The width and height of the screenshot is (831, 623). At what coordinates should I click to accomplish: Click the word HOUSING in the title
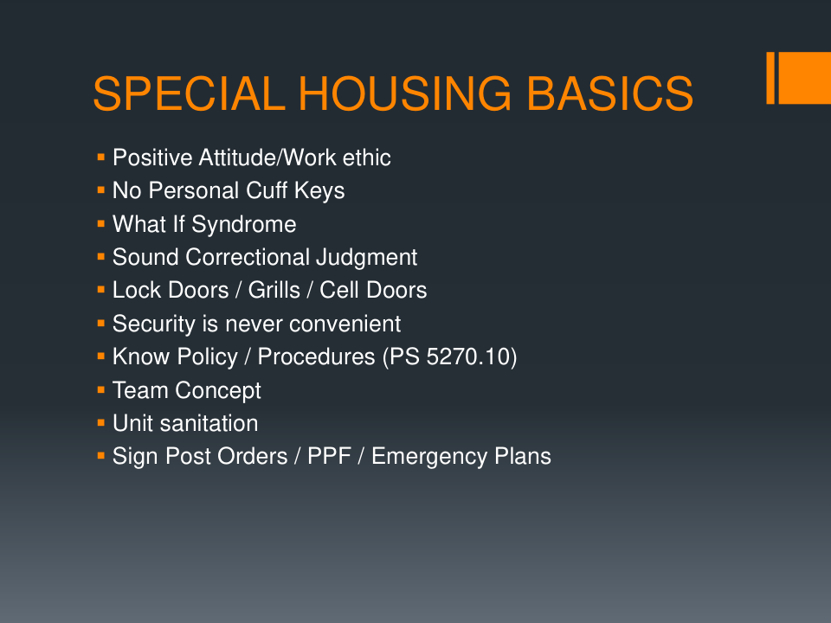pyautogui.click(x=405, y=93)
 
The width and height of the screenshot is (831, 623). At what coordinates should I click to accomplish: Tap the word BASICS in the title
pyautogui.click(x=609, y=93)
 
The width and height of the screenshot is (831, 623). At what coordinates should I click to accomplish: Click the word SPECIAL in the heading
pyautogui.click(x=190, y=93)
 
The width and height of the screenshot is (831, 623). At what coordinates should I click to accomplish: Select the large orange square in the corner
pyautogui.click(x=804, y=78)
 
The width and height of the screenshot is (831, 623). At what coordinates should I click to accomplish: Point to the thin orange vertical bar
pyautogui.click(x=770, y=78)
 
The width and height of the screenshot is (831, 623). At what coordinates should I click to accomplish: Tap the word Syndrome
pyautogui.click(x=244, y=225)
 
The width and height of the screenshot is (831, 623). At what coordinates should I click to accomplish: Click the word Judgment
pyautogui.click(x=367, y=258)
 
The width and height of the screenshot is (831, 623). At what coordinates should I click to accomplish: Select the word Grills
pyautogui.click(x=274, y=291)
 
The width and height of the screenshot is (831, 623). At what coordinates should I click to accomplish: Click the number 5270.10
pyautogui.click(x=461, y=356)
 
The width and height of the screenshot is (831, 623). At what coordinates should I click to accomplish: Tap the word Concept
pyautogui.click(x=218, y=391)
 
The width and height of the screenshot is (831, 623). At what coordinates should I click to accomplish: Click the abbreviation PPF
pyautogui.click(x=329, y=456)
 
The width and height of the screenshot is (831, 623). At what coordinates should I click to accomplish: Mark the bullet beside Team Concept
pyautogui.click(x=101, y=390)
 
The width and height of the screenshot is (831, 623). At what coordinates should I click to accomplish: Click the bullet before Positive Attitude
pyautogui.click(x=101, y=157)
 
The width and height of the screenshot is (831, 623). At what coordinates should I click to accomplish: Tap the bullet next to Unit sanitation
pyautogui.click(x=101, y=423)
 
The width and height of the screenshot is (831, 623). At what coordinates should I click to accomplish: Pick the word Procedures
pyautogui.click(x=317, y=356)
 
